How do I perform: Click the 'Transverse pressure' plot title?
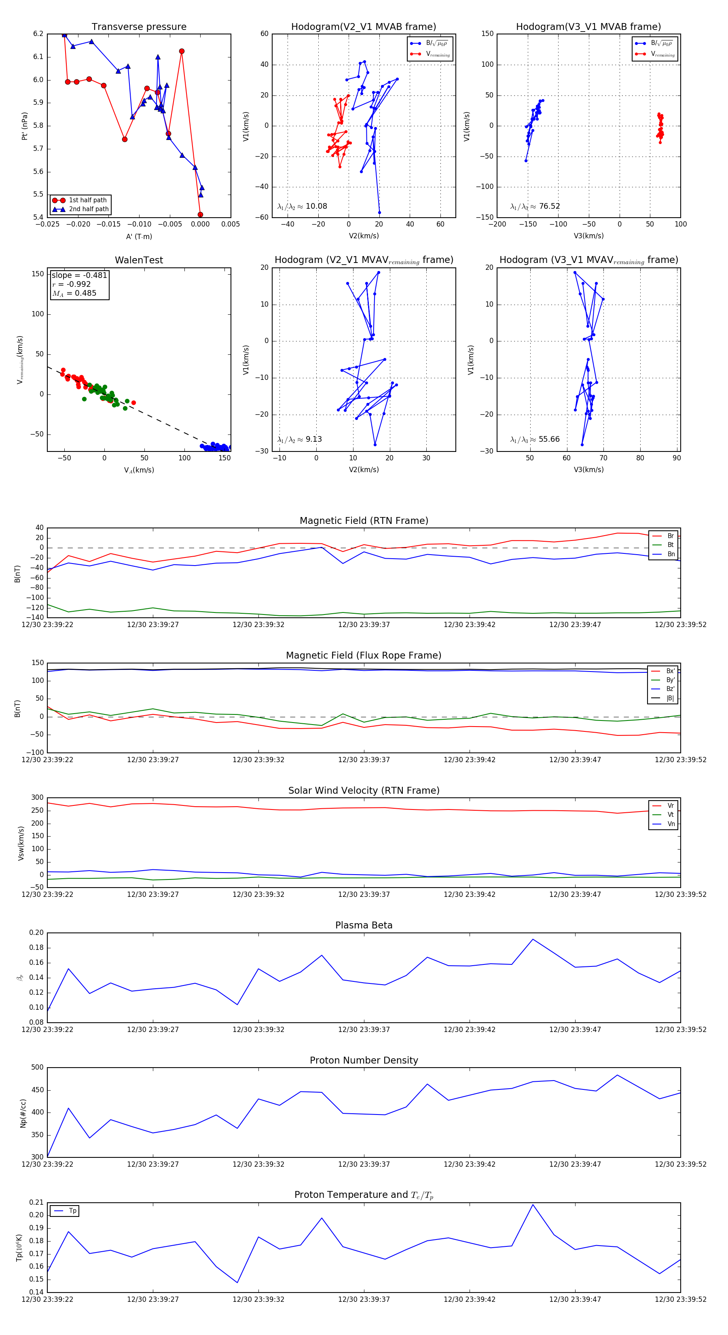point(139,27)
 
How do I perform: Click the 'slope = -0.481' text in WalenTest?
point(79,275)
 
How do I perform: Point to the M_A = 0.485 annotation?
point(74,293)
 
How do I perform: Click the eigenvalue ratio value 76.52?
point(549,206)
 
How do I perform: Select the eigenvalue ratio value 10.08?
point(316,206)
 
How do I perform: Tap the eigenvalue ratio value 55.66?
point(549,439)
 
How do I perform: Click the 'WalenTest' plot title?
point(139,260)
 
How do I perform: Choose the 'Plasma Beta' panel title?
point(364,926)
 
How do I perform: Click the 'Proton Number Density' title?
point(364,1060)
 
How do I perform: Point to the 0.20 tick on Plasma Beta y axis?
point(37,933)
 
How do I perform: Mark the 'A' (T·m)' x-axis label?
point(139,237)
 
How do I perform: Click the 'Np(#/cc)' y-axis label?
point(23,1112)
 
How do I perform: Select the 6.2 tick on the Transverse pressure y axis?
point(38,34)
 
